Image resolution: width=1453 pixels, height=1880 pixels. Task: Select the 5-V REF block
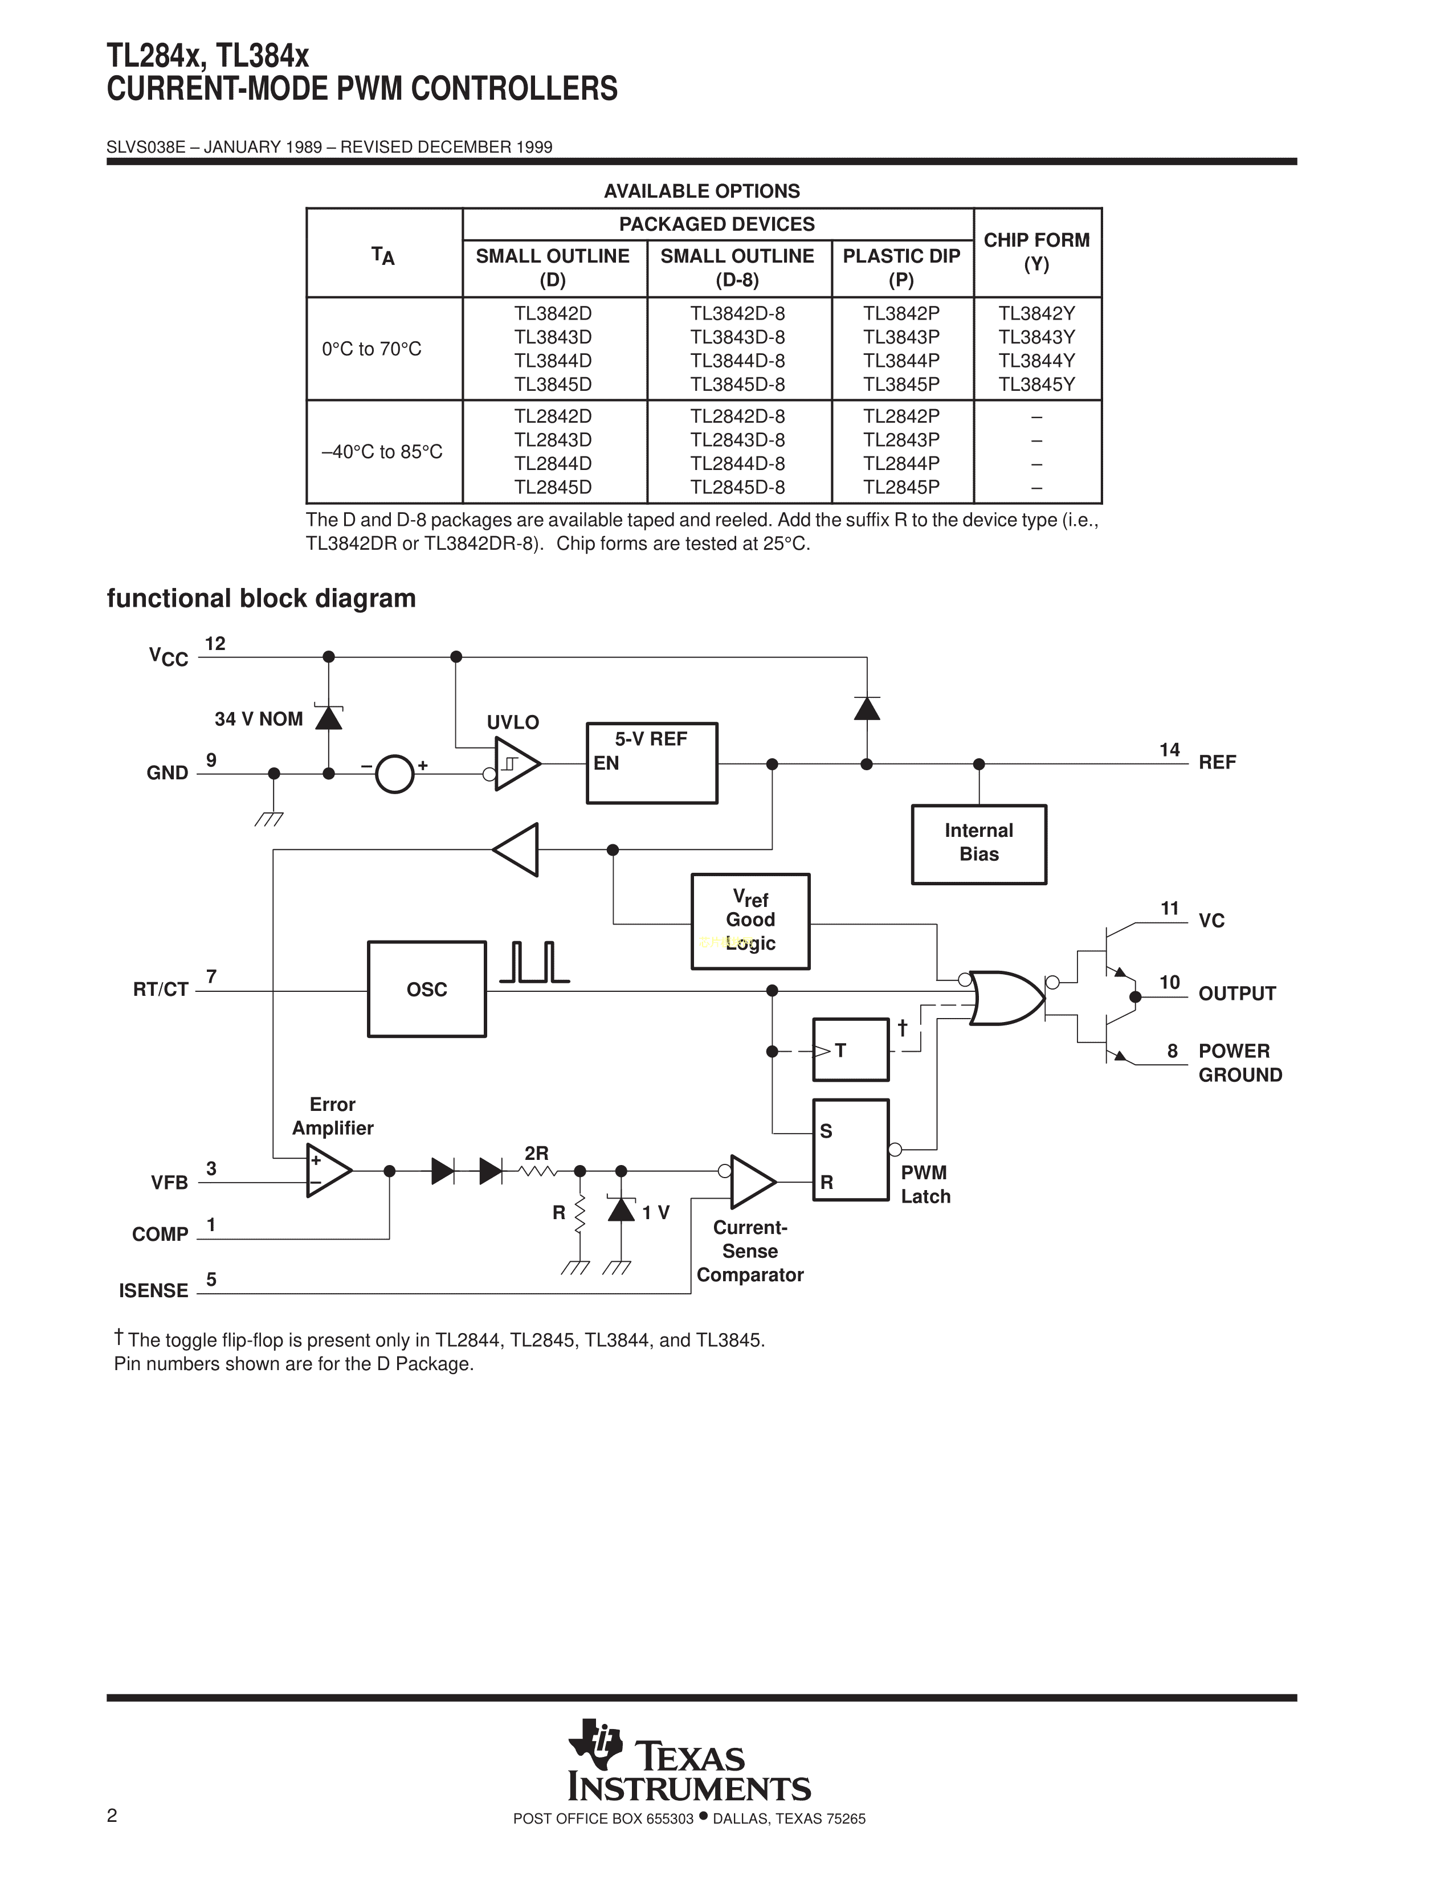[652, 763]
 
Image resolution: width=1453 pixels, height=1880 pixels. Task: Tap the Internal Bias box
[979, 844]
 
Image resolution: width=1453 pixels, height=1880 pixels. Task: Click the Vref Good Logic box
[750, 921]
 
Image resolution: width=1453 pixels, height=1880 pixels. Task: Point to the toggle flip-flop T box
[851, 1049]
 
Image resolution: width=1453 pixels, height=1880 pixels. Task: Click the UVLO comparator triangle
[516, 763]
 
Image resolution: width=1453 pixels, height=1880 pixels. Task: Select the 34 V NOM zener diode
[329, 717]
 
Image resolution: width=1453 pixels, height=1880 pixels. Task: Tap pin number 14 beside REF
[1169, 750]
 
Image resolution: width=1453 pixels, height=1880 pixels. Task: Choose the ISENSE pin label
[153, 1290]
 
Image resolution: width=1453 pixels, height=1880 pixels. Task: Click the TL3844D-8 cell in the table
[738, 361]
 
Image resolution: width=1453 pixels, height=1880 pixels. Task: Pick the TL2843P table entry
[901, 440]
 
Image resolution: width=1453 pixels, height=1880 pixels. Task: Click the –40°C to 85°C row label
[382, 452]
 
